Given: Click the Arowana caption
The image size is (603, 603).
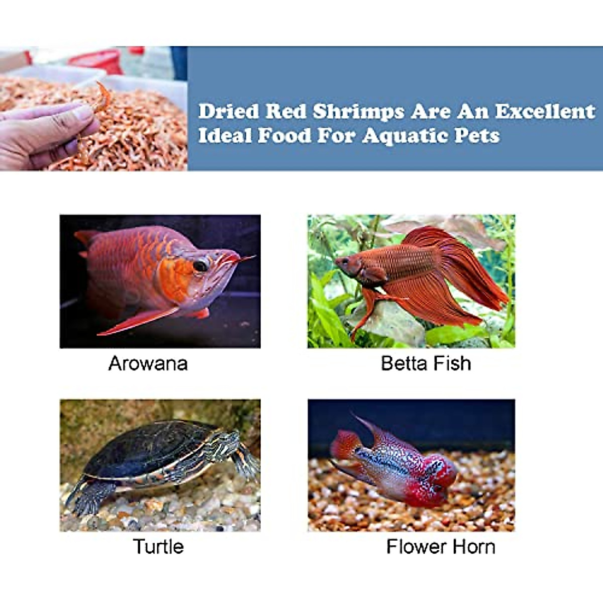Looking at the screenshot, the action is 148,363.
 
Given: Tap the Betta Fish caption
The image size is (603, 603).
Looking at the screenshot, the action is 426,363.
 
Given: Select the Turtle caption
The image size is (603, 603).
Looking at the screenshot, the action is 158,546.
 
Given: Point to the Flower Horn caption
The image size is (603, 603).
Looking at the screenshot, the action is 441,546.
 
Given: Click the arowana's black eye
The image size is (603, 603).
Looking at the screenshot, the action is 200,266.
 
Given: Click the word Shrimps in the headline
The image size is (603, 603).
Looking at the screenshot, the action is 359,112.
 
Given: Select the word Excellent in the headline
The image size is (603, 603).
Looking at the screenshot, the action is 545,111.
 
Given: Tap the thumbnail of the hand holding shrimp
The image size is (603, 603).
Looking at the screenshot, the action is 93,109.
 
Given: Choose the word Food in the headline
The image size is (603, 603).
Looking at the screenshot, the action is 284,136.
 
